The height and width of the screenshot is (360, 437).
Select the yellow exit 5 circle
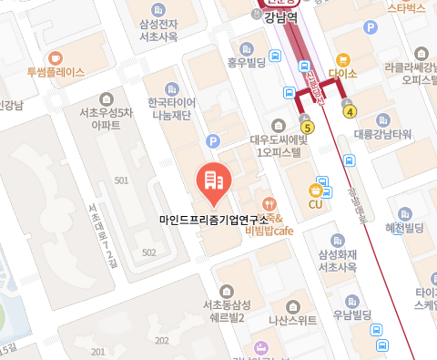(308, 127)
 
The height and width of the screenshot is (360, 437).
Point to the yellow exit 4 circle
(350, 111)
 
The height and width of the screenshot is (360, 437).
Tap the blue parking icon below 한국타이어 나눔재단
(213, 141)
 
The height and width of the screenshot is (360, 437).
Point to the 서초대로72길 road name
(100, 234)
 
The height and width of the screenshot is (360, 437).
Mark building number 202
(162, 340)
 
